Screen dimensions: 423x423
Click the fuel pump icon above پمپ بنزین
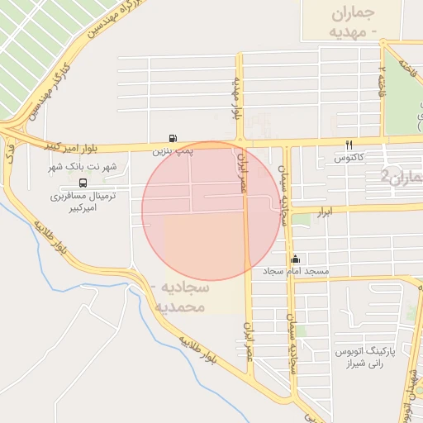click(172, 138)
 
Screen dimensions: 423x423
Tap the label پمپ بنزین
click(172, 152)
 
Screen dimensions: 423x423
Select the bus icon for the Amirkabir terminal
click(83, 182)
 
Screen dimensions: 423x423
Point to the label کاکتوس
click(349, 157)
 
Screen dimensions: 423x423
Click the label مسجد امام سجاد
click(296, 272)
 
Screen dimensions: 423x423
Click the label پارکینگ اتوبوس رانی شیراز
click(366, 357)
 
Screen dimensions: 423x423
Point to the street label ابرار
click(326, 212)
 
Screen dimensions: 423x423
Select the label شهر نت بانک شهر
click(83, 167)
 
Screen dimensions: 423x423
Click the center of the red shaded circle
click(211, 211)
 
